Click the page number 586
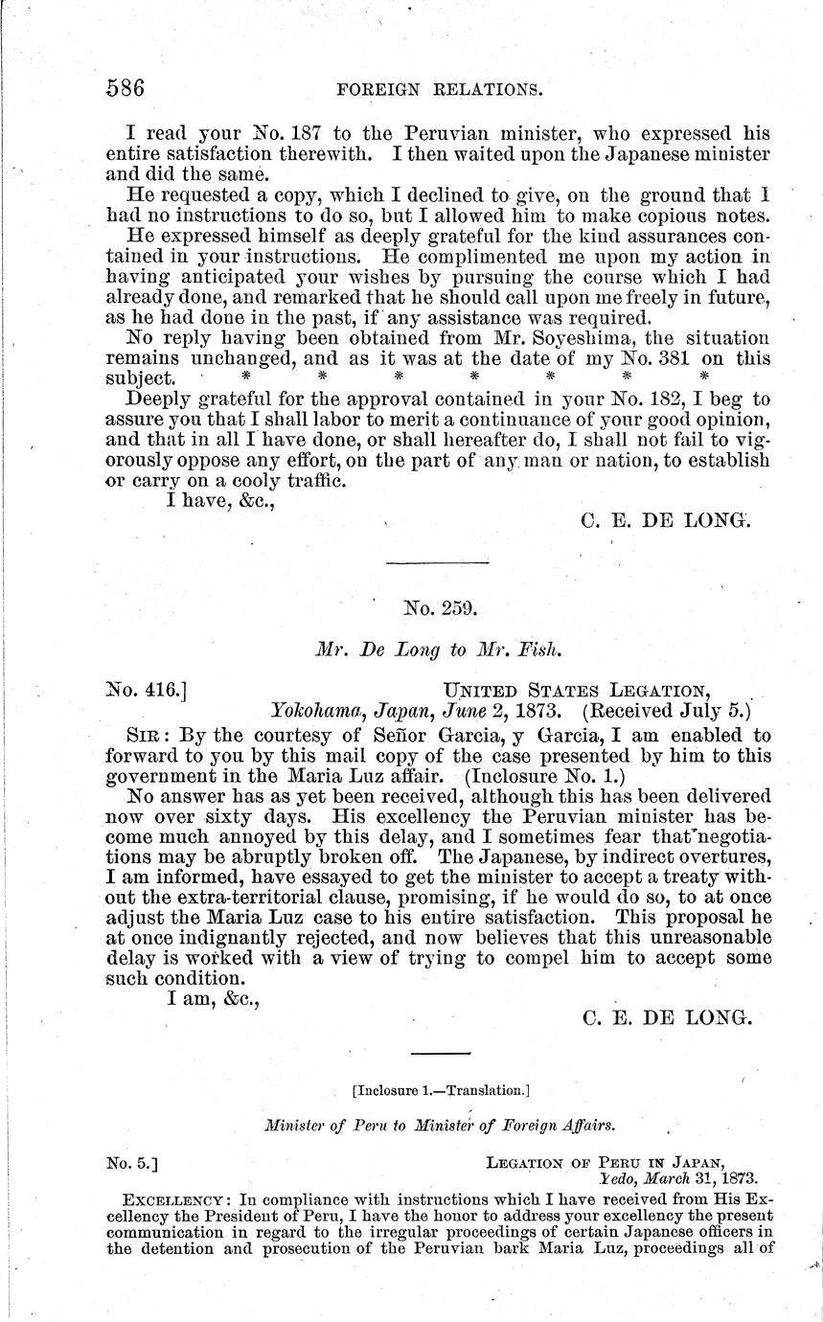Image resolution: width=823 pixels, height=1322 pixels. pos(126,89)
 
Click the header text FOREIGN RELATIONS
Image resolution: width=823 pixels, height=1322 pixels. pos(442,91)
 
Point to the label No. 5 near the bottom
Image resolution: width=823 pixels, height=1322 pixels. pos(132,1163)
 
